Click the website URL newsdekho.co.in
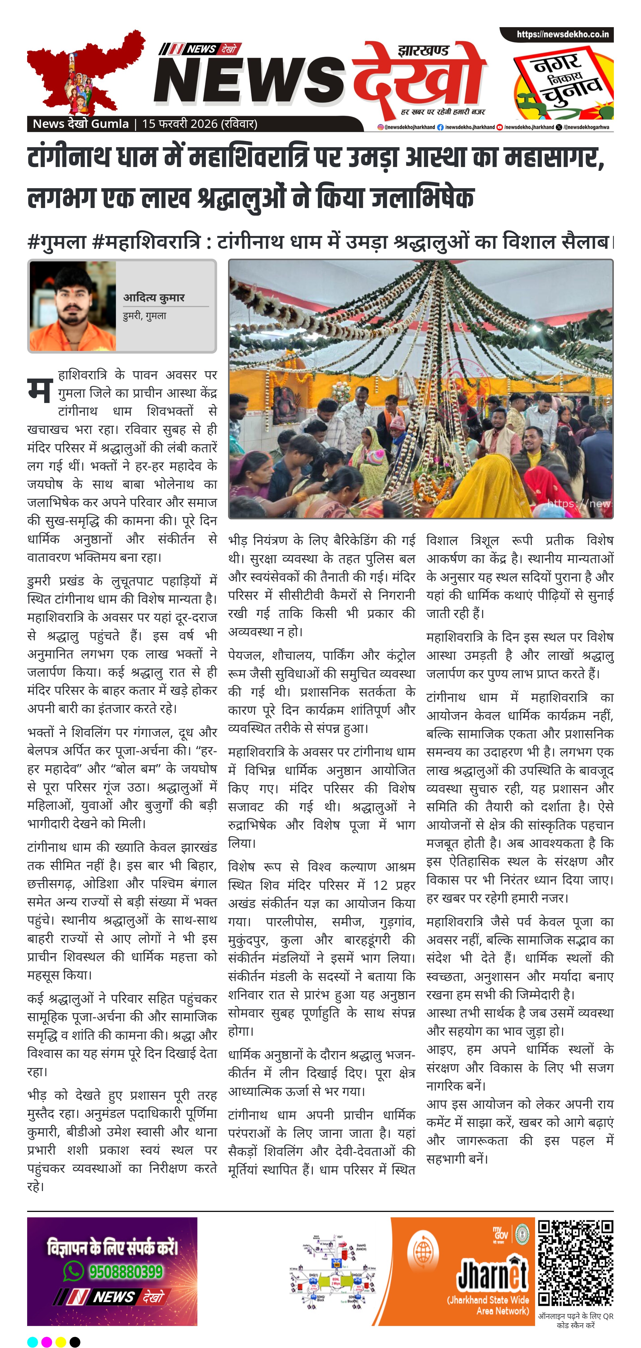(x=563, y=34)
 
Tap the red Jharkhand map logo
(x=84, y=71)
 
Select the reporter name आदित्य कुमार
(x=154, y=298)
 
